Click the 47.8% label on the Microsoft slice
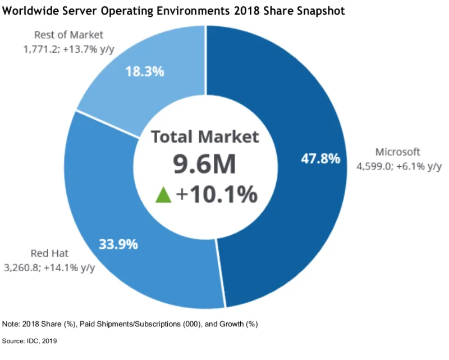320,158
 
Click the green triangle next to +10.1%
163,194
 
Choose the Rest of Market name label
68,35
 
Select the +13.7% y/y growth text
90,49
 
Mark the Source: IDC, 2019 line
30,341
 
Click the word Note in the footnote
11,324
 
